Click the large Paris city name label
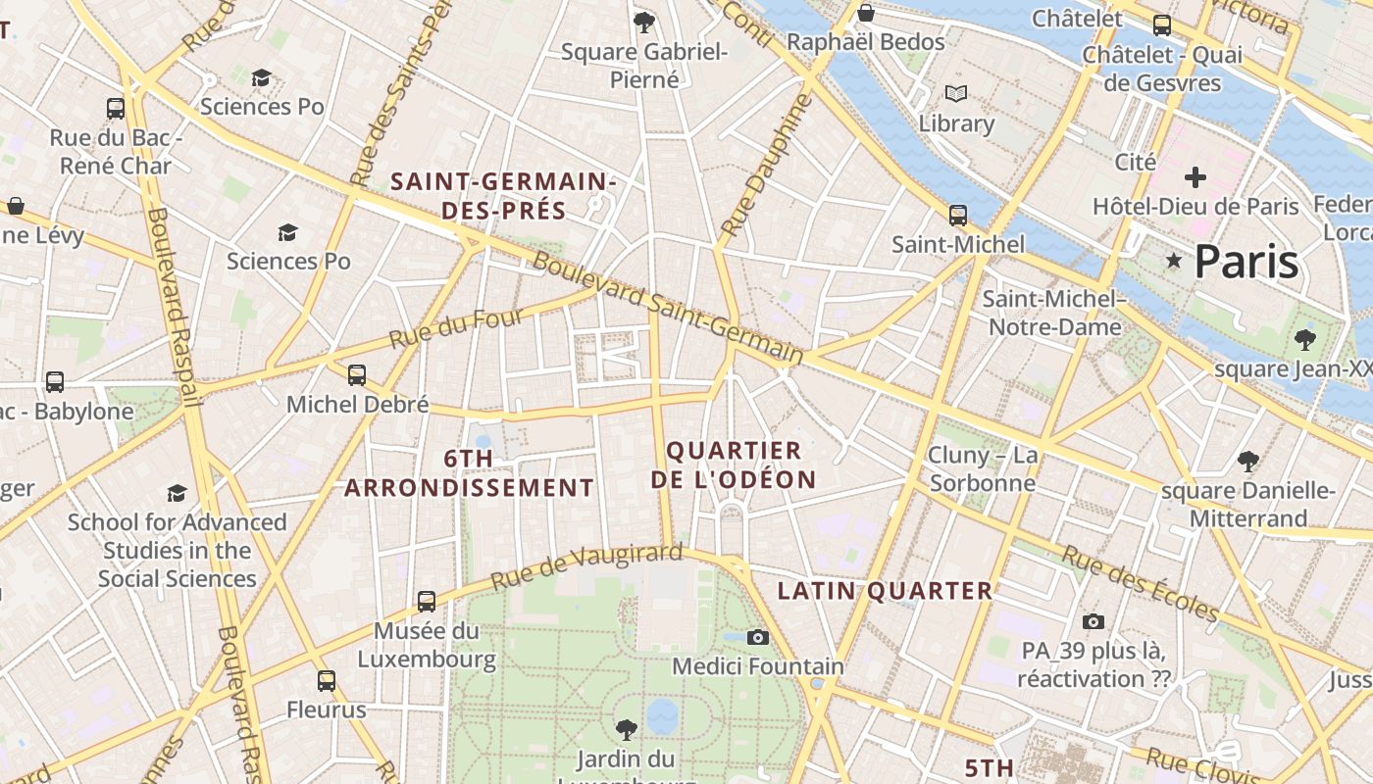point(1246,262)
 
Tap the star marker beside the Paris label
point(1173,261)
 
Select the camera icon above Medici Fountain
point(757,638)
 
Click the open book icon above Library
point(956,94)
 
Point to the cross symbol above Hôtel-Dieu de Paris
point(1195,177)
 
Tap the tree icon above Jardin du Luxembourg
point(626,729)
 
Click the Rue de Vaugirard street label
point(585,566)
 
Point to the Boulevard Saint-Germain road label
point(668,309)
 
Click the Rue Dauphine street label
point(767,165)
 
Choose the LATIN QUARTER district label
point(885,591)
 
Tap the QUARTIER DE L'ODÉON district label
point(734,465)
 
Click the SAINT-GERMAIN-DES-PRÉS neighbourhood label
point(503,196)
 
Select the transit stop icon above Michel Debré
point(357,375)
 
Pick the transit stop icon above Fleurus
point(327,681)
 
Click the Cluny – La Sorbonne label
point(982,469)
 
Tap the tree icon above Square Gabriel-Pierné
point(644,22)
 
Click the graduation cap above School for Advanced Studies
point(177,493)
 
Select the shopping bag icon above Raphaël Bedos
point(866,13)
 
